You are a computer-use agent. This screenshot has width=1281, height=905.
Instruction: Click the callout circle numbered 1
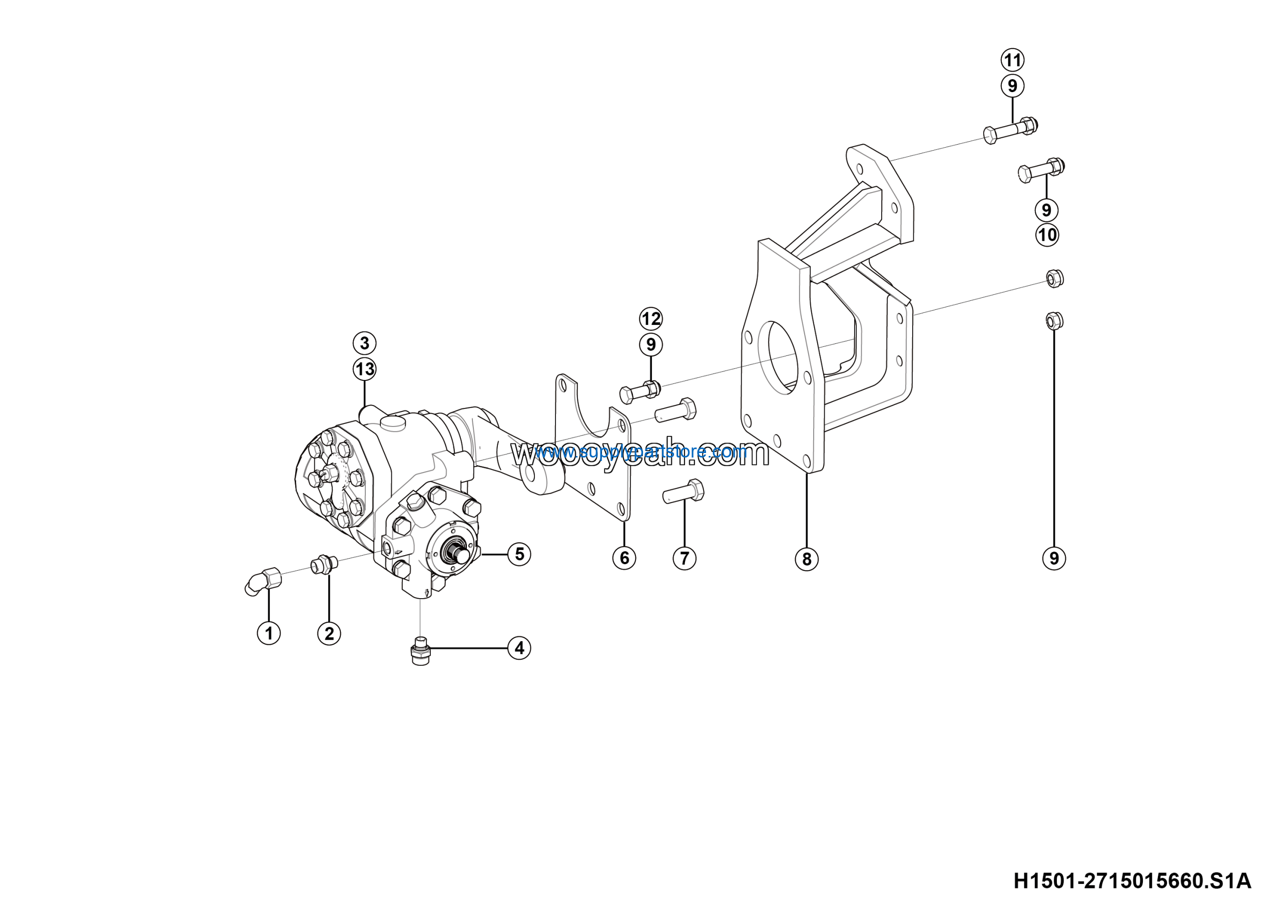(x=269, y=633)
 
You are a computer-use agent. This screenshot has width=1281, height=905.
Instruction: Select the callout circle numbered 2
(x=329, y=633)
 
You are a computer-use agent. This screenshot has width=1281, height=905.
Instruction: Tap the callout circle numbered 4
(x=519, y=648)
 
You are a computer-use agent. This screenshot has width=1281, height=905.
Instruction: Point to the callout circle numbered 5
(x=519, y=554)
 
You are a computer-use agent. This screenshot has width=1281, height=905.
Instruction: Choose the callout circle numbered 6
(x=624, y=558)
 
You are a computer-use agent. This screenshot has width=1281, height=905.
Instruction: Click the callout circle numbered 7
(x=685, y=558)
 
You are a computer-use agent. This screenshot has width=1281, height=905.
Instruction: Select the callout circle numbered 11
(x=1013, y=60)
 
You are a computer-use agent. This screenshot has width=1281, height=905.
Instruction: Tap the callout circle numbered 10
(x=1047, y=235)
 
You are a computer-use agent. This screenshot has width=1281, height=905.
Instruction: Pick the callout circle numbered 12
(x=651, y=318)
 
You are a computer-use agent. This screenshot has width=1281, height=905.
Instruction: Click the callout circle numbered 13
(x=364, y=369)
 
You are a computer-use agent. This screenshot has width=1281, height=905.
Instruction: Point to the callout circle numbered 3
(x=364, y=342)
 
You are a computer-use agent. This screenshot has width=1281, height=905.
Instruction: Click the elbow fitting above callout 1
(x=263, y=580)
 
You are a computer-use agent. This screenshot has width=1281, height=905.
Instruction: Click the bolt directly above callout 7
(x=684, y=492)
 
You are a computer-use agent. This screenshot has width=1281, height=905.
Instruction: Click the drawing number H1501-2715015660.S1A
(x=1132, y=881)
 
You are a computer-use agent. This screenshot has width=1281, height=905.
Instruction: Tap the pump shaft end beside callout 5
(x=461, y=555)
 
